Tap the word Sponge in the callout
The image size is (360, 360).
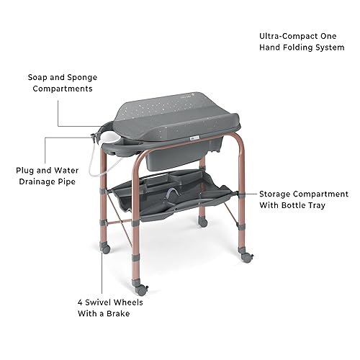point(82,76)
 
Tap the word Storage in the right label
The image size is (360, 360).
point(277,194)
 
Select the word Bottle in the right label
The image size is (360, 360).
point(294,206)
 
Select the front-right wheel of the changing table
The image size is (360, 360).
point(246,256)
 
